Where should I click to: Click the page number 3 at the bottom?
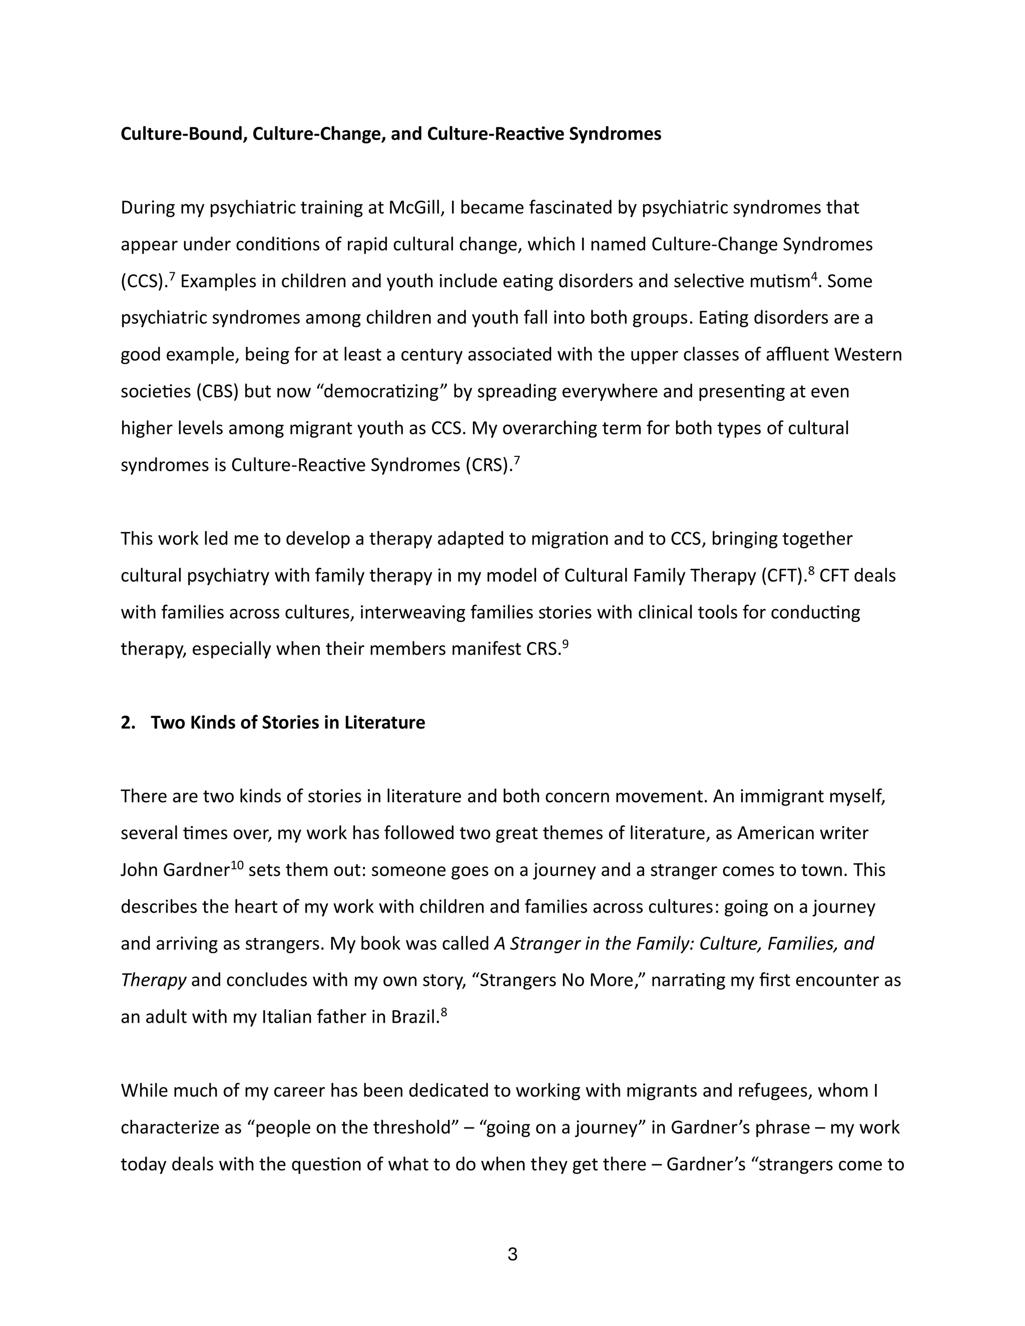pyautogui.click(x=512, y=1254)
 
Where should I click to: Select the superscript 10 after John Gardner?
pyautogui.click(x=237, y=865)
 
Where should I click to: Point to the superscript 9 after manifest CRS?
pyautogui.click(x=566, y=643)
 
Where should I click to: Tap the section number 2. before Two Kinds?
pyautogui.click(x=128, y=723)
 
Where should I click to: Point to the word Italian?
pyautogui.click(x=288, y=1017)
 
